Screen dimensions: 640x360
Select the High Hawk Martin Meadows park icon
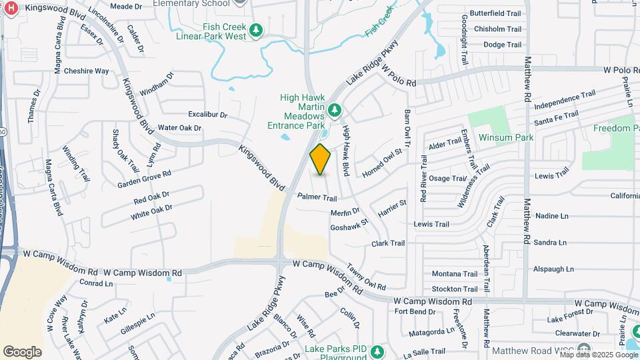tap(335, 109)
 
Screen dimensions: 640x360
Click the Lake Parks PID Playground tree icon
tap(377, 350)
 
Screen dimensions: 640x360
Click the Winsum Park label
tap(515, 138)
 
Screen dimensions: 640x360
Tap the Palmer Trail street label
tap(317, 197)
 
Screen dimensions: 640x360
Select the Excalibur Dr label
tap(207, 115)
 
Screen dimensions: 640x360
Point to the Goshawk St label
tap(349, 224)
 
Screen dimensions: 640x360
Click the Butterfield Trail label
tap(495, 13)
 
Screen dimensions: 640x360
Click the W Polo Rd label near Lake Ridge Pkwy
tap(398, 79)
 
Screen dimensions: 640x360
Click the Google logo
tap(22, 351)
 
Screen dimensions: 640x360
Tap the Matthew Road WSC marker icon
tap(584, 349)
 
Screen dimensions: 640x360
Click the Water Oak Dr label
tap(179, 128)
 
